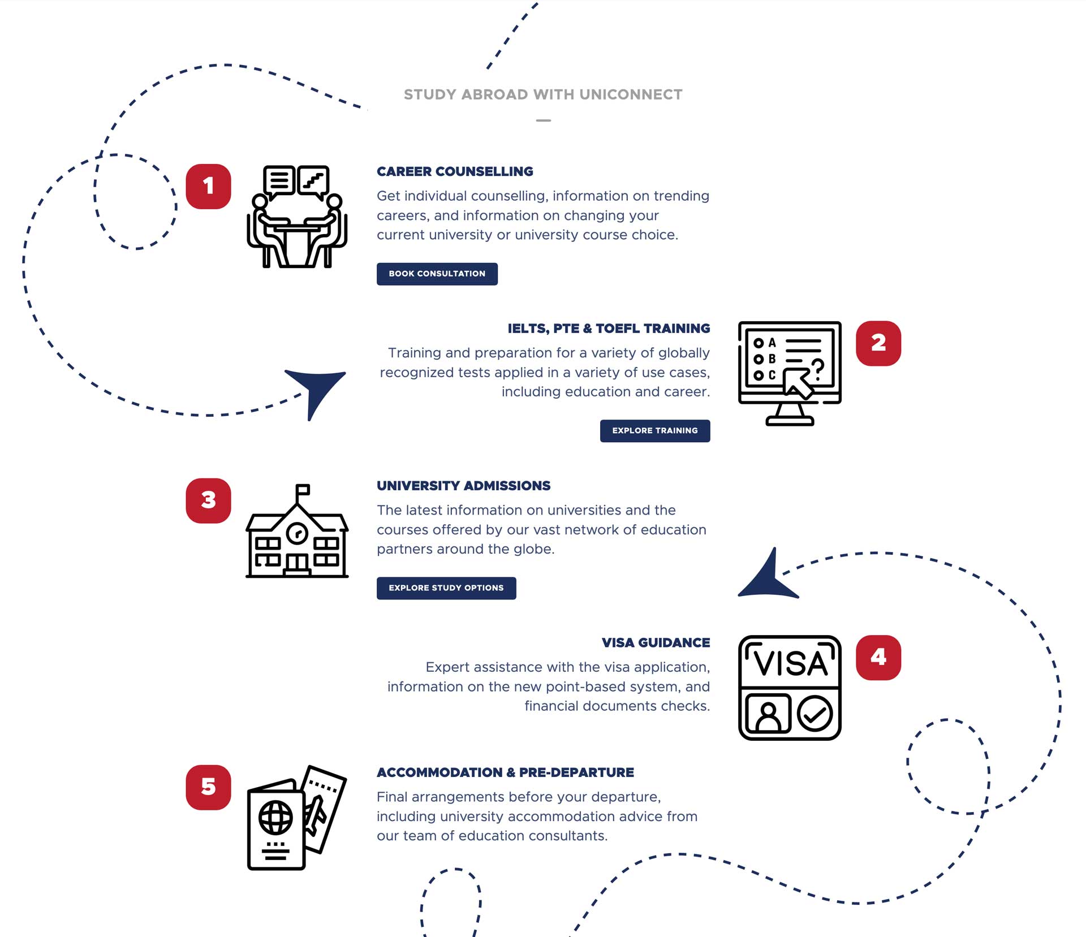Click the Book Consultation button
(437, 274)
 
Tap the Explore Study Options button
(446, 588)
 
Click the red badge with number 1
(208, 187)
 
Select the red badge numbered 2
(878, 343)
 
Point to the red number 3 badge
(208, 500)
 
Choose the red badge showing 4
(878, 658)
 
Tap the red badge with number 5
(208, 787)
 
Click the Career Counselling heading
(455, 171)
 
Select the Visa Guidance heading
(656, 643)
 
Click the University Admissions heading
(463, 486)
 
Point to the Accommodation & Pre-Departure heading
(505, 772)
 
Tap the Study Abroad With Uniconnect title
(543, 94)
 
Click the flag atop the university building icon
(303, 489)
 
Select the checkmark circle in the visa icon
(815, 714)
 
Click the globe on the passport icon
(275, 818)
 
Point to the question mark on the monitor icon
(818, 368)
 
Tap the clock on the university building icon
(297, 533)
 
